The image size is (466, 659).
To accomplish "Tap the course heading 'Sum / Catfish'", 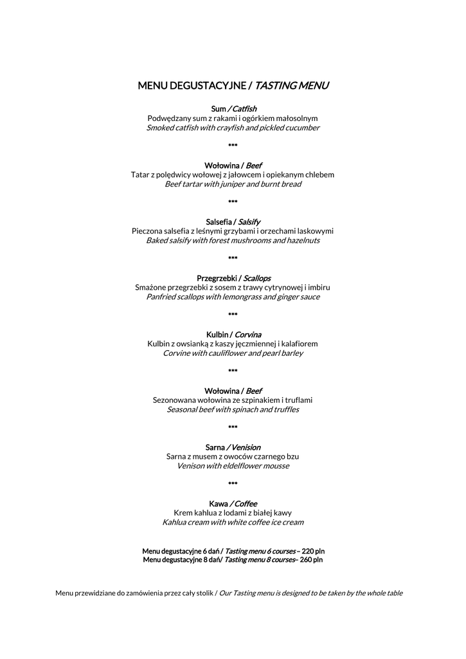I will click(233, 109).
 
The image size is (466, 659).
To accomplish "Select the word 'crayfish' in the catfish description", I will click(234, 127).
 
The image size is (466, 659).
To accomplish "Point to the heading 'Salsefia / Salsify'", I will click(233, 221).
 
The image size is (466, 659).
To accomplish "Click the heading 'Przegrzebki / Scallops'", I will click(233, 278).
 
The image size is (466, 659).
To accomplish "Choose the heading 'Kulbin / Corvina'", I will click(233, 335).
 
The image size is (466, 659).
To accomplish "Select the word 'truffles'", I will click(285, 409).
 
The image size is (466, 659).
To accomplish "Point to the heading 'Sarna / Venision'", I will click(233, 447).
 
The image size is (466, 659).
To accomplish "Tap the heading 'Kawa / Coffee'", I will click(233, 503).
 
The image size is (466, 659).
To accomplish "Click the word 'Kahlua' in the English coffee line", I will click(175, 522).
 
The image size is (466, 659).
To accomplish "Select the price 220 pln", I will click(313, 552).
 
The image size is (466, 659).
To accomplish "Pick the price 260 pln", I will click(312, 560).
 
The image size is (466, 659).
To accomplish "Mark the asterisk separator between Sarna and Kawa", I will click(233, 484).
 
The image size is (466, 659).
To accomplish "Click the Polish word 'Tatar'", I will click(140, 174).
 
